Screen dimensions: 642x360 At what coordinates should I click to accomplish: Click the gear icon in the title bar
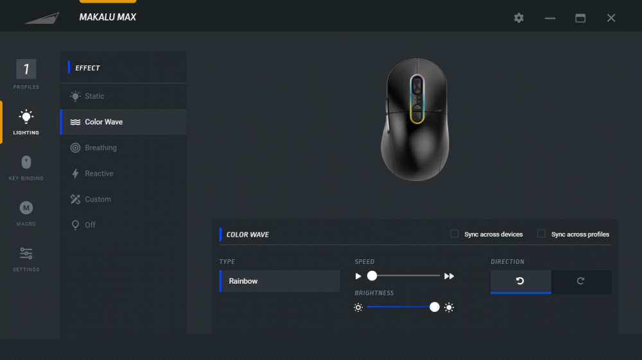click(x=519, y=18)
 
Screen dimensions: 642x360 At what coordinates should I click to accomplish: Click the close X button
click(x=611, y=18)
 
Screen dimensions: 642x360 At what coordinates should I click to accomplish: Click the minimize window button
click(x=550, y=19)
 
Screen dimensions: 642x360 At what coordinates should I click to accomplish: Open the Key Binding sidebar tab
click(x=26, y=167)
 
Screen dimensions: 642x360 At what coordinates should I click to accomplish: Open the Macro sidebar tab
click(x=26, y=213)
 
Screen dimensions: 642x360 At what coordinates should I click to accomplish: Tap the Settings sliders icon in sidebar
click(x=26, y=253)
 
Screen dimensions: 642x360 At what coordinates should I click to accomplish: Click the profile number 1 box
click(x=26, y=69)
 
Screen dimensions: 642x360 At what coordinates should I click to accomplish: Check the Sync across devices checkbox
click(x=454, y=234)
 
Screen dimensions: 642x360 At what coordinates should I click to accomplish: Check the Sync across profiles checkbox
click(x=541, y=234)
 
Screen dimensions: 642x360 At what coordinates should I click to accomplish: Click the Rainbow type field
click(x=280, y=281)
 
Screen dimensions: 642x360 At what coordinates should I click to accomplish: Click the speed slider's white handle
click(x=372, y=276)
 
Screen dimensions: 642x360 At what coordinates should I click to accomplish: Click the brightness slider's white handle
click(x=435, y=307)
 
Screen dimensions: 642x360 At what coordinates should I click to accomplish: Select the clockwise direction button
click(x=581, y=282)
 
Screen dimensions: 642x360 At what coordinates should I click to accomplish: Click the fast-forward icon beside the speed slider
click(x=449, y=276)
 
